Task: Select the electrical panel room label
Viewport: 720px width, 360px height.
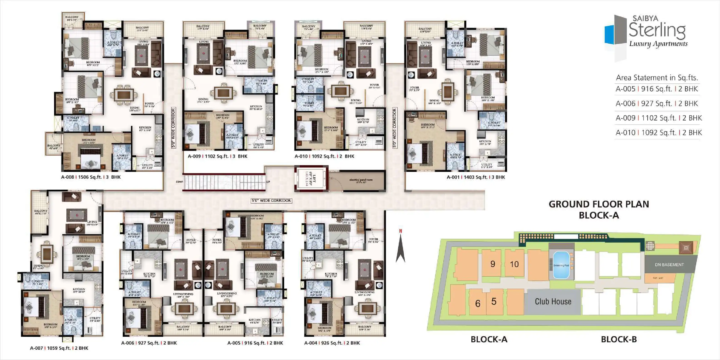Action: click(361, 180)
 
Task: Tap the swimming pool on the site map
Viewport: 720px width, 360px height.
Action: click(561, 265)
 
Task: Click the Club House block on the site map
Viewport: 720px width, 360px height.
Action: click(553, 302)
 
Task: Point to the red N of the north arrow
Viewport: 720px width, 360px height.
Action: click(400, 231)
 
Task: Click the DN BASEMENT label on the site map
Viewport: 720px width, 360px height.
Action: click(669, 264)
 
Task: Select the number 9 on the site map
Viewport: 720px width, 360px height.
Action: click(492, 264)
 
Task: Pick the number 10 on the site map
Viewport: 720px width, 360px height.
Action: click(514, 264)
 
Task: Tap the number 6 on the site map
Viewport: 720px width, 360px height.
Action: click(478, 303)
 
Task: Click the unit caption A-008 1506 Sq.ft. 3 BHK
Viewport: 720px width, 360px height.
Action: click(91, 177)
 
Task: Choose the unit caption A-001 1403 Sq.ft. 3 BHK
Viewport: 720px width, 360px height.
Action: click(476, 177)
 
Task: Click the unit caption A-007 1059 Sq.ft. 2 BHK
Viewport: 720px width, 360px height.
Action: click(59, 348)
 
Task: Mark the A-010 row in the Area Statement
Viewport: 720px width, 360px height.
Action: click(658, 132)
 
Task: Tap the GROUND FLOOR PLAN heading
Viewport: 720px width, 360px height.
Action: click(599, 204)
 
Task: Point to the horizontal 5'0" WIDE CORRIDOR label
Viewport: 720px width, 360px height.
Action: click(271, 200)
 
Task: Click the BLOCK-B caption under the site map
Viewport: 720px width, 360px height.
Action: click(619, 339)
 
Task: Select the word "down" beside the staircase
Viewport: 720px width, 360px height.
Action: click(180, 182)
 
